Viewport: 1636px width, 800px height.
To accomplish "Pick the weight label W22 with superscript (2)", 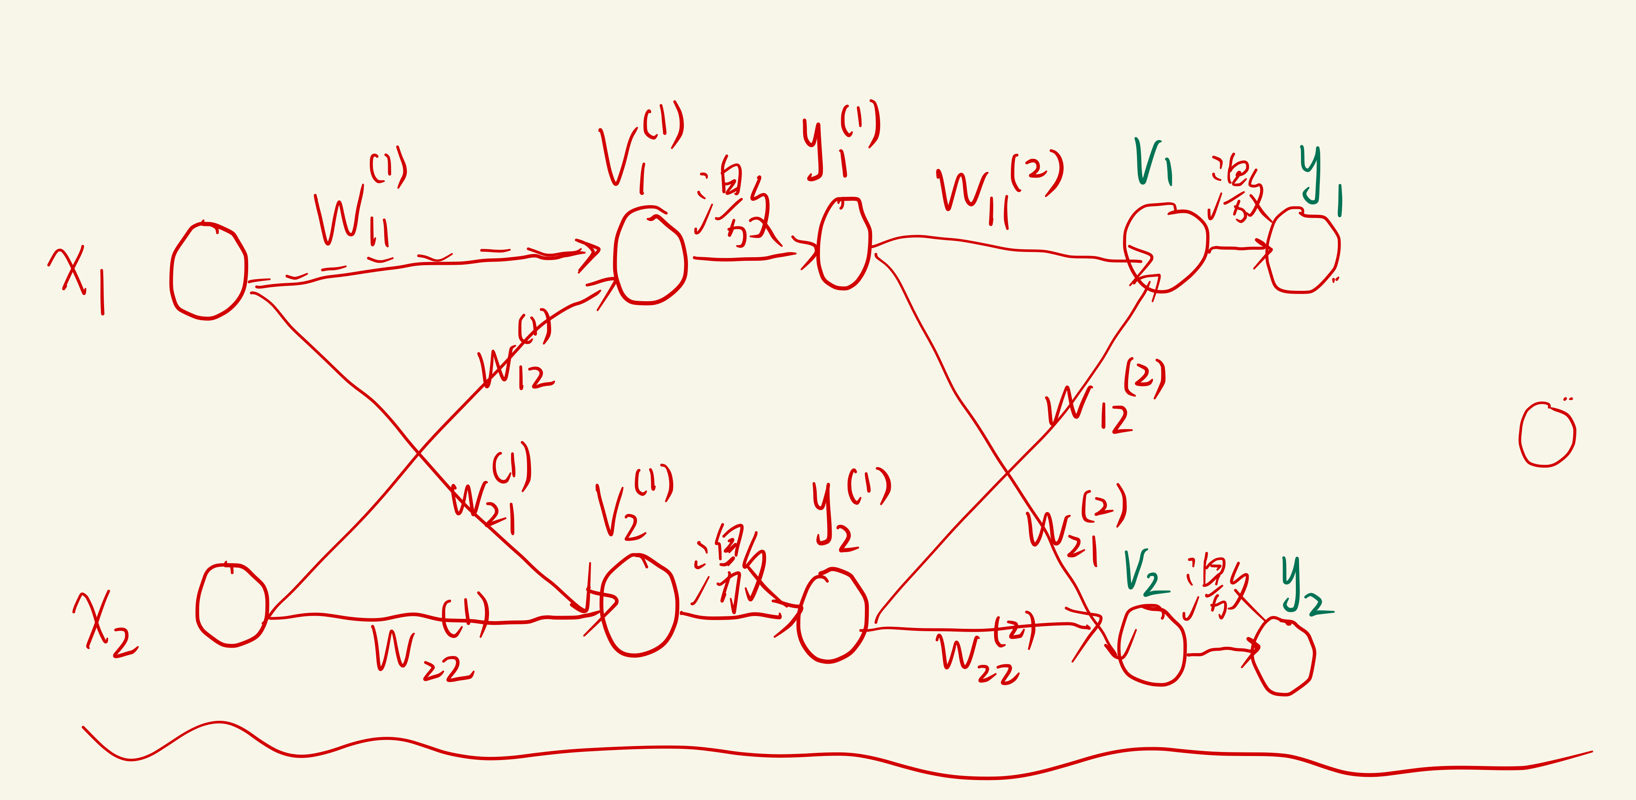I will click(984, 651).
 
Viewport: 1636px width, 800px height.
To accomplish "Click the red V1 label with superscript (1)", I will click(638, 149).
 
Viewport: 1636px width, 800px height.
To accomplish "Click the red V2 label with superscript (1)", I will click(632, 505).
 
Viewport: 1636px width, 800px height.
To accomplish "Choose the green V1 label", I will click(1153, 162).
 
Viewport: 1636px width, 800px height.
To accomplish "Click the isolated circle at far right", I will click(1546, 435).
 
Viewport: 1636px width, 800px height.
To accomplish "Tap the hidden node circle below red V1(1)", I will click(650, 257).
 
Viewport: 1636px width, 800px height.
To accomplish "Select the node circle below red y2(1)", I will click(832, 616).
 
